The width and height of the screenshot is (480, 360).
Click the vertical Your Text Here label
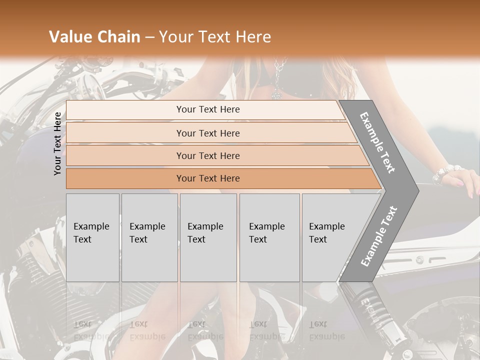coord(58,143)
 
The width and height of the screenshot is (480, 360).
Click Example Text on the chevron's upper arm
coord(377,142)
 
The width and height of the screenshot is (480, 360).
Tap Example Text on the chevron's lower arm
coord(379,236)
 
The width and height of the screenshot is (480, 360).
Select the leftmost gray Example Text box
coord(92,237)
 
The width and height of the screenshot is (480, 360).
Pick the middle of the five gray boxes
coord(208,237)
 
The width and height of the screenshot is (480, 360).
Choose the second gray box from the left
coord(149,237)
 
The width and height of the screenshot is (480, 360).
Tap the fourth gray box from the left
coord(269,237)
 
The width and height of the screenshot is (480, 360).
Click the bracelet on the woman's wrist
coord(445,173)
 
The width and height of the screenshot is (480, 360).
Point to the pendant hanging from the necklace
coord(276,93)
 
